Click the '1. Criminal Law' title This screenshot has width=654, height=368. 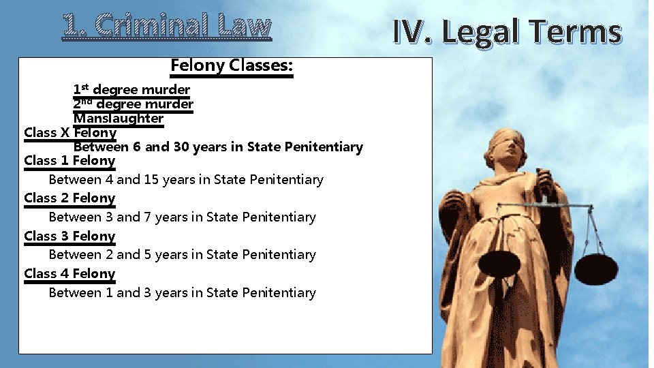coord(167,26)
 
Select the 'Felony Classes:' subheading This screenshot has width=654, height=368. coord(232,66)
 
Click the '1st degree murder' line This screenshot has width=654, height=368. coord(131,89)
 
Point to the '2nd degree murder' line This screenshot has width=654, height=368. coord(133,104)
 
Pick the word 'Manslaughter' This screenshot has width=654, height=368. coord(119,119)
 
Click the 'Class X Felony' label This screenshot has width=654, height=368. coord(69,133)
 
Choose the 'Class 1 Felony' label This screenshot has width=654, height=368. coord(69,161)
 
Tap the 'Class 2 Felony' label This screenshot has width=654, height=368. coord(69,198)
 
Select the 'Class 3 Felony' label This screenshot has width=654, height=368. coord(69,236)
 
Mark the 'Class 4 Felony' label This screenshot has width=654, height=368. coord(69,274)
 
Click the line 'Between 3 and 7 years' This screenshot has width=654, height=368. coord(182,217)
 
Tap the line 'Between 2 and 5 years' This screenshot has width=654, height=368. coord(182,255)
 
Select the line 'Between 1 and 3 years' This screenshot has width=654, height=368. coord(182,293)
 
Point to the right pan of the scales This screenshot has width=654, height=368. coord(596,267)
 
